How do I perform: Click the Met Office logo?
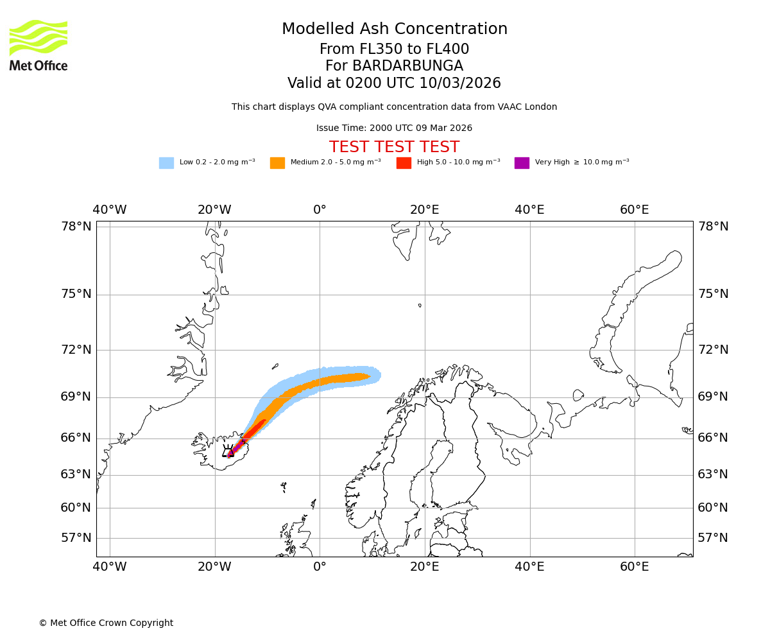click(x=38, y=46)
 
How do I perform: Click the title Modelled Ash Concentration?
click(x=394, y=30)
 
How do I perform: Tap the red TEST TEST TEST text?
click(x=394, y=147)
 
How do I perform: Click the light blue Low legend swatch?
click(x=166, y=163)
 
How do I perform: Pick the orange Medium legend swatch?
click(x=277, y=163)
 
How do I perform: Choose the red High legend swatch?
click(x=404, y=163)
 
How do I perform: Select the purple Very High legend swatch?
click(x=522, y=163)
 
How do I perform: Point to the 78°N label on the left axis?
click(x=76, y=227)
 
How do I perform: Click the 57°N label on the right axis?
click(x=713, y=538)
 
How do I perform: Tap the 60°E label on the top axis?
click(x=634, y=210)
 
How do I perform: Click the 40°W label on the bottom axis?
click(x=110, y=567)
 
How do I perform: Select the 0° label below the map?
click(x=320, y=567)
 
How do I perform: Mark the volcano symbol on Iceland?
click(x=228, y=451)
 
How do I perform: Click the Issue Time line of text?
click(x=394, y=128)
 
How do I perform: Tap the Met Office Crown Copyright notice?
click(x=106, y=623)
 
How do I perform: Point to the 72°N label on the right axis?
click(x=713, y=350)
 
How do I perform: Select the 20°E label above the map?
click(x=425, y=210)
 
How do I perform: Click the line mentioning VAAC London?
click(x=394, y=107)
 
